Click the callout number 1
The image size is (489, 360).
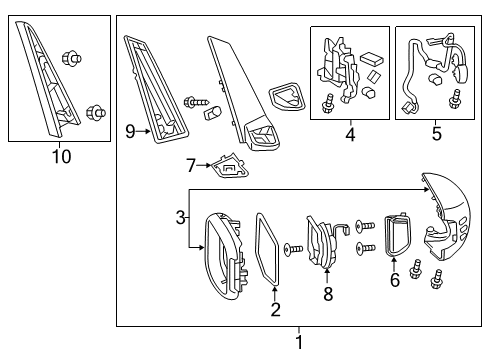coord(297,343)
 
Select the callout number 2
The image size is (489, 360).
coord(275,310)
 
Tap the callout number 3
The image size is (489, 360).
coord(180,217)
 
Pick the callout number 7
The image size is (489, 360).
coord(190,163)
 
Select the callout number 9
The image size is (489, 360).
coord(130,130)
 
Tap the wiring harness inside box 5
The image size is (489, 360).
coord(432,70)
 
